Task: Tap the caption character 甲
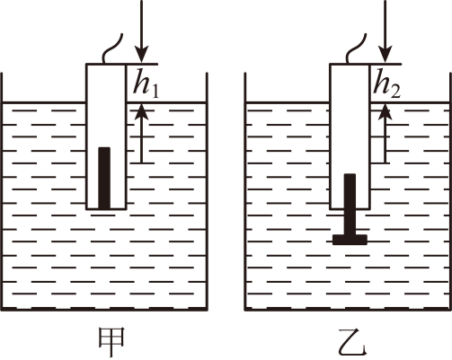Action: [111, 342]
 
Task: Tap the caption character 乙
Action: [352, 342]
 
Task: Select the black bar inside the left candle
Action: [104, 178]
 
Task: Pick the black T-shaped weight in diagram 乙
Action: [350, 209]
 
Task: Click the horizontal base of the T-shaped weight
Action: [350, 240]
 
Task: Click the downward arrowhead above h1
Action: [142, 56]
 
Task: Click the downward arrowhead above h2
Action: [385, 56]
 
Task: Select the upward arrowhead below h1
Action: [142, 111]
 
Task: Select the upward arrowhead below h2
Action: [385, 111]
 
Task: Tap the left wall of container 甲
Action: [2, 191]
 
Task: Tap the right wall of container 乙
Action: [450, 191]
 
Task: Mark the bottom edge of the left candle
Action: [106, 209]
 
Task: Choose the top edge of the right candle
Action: [350, 64]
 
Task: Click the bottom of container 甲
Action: [104, 309]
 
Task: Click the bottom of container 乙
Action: [348, 309]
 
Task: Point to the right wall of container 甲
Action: [207, 191]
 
